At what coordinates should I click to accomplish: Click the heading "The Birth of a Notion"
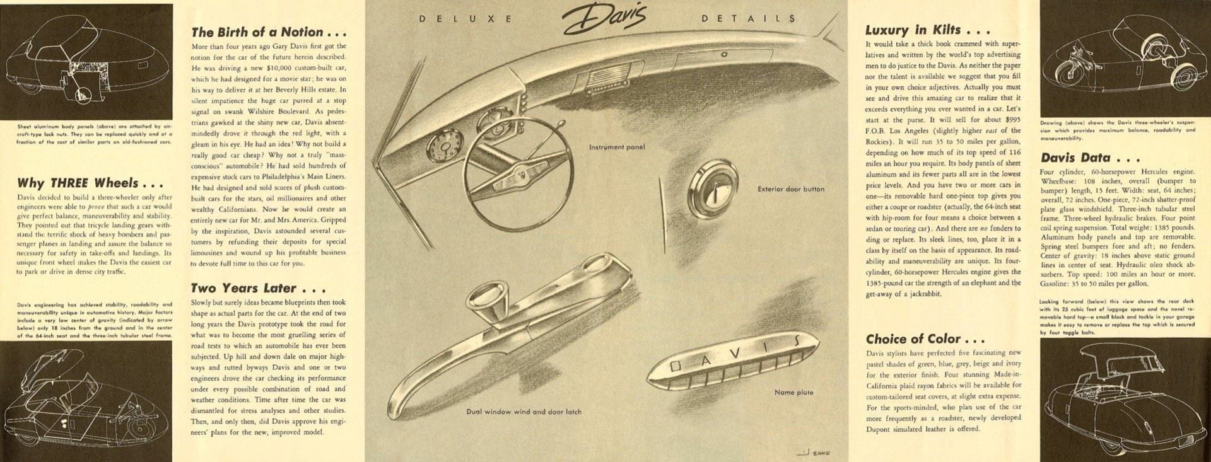[269, 32]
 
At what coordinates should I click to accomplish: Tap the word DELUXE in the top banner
[465, 19]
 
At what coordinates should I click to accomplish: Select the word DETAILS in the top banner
[748, 19]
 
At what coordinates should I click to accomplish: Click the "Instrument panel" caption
[617, 147]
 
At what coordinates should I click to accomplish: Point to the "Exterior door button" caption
[791, 189]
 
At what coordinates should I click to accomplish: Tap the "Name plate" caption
[793, 393]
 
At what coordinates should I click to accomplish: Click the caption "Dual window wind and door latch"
[524, 412]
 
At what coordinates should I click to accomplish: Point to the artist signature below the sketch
[814, 452]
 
